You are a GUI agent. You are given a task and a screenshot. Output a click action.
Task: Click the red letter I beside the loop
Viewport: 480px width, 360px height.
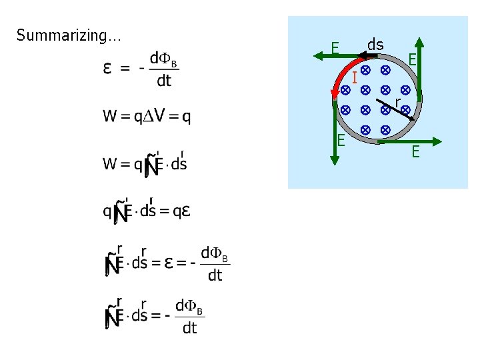click(355, 78)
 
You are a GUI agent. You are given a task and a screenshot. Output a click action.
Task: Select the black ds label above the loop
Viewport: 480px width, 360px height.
click(375, 45)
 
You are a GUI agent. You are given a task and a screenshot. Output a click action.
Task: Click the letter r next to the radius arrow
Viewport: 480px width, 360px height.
click(397, 101)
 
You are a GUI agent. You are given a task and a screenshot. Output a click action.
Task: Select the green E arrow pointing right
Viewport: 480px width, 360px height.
click(407, 141)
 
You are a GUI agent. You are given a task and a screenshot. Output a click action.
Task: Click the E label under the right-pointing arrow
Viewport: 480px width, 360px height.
click(415, 153)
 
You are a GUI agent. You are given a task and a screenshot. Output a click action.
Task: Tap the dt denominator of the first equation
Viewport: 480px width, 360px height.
click(163, 81)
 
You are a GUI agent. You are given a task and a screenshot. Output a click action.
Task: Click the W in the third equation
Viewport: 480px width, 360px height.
click(109, 163)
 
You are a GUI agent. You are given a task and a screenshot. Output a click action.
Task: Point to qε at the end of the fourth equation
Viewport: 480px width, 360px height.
click(181, 211)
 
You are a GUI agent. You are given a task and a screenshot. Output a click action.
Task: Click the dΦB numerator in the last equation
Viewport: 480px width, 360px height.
click(189, 307)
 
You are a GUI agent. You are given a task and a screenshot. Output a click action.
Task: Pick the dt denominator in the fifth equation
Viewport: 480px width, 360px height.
click(215, 275)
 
